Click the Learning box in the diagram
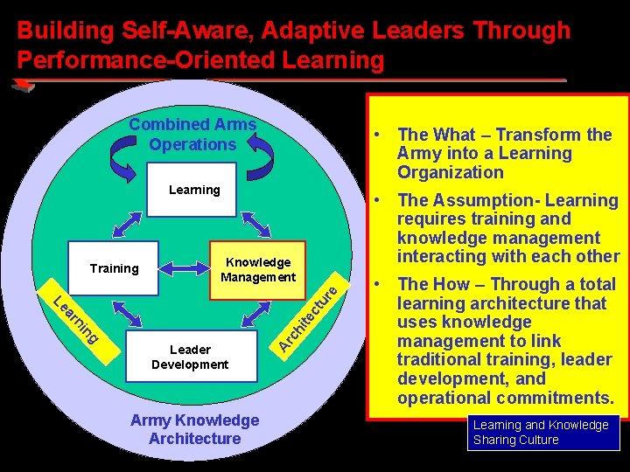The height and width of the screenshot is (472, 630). pyautogui.click(x=194, y=189)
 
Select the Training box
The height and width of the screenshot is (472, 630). pyautogui.click(x=114, y=268)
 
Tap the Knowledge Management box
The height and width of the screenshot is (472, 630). pyautogui.click(x=258, y=269)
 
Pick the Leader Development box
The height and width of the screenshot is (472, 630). pyautogui.click(x=190, y=357)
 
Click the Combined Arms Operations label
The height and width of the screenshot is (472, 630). pyautogui.click(x=192, y=135)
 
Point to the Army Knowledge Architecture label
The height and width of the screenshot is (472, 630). pyautogui.click(x=194, y=429)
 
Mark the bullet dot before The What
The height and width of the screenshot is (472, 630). pyautogui.click(x=374, y=135)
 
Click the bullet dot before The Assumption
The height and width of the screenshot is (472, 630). pyautogui.click(x=374, y=200)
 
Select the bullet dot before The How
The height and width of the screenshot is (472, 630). pyautogui.click(x=374, y=284)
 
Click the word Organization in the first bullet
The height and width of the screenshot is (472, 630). pyautogui.click(x=450, y=172)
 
